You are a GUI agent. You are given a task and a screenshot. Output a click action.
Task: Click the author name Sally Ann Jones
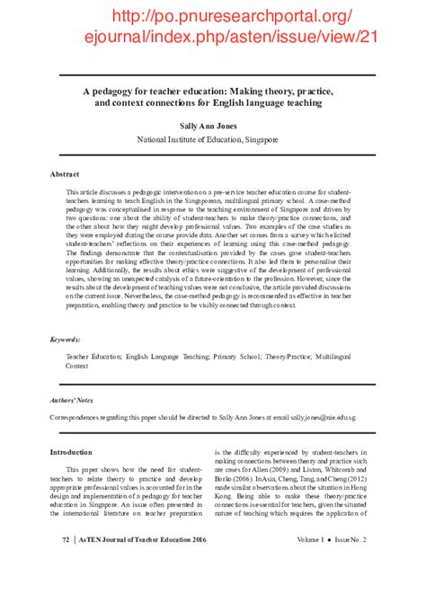[x=213, y=127]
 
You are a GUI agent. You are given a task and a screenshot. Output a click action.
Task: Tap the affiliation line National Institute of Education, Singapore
[x=213, y=140]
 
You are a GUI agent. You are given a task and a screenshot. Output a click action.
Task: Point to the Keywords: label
[x=67, y=340]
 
